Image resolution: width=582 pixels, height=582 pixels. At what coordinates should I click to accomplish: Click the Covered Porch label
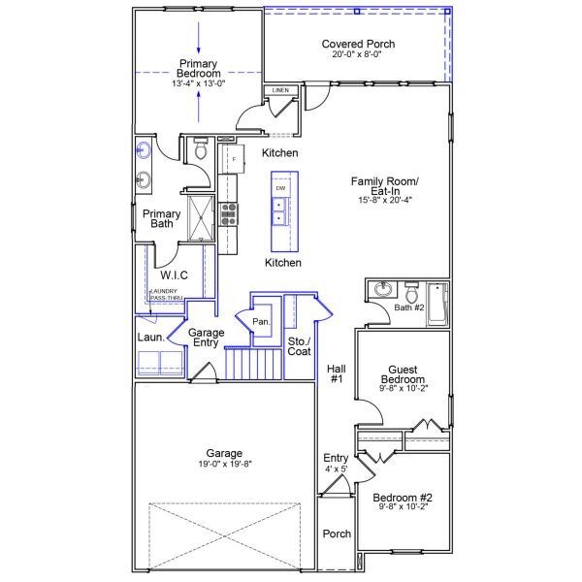pos(358,45)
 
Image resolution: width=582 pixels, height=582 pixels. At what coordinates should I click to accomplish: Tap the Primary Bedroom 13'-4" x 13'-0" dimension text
pos(199,84)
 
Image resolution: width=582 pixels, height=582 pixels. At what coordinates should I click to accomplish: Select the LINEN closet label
pos(280,90)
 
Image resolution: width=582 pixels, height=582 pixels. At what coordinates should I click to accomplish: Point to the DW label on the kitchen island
pos(281,187)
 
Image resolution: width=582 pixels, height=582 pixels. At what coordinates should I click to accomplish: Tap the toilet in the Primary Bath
pos(201,150)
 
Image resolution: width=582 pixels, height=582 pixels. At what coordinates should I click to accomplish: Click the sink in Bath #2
pos(383,289)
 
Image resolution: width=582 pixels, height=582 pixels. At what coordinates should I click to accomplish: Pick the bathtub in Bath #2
pos(438,303)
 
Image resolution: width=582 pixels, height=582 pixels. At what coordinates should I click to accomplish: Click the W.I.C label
pos(175,276)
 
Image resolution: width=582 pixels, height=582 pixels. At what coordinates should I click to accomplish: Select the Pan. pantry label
pos(260,321)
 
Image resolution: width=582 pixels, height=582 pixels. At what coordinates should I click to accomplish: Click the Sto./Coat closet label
pos(299,346)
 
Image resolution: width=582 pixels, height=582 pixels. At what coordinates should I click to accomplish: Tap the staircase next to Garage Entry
pos(244,365)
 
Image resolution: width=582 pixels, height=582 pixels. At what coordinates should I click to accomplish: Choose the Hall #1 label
pos(336,373)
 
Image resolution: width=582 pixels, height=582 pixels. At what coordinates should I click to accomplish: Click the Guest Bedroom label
pos(403,375)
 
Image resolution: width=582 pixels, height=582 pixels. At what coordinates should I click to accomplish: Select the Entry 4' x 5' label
pos(336,464)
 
